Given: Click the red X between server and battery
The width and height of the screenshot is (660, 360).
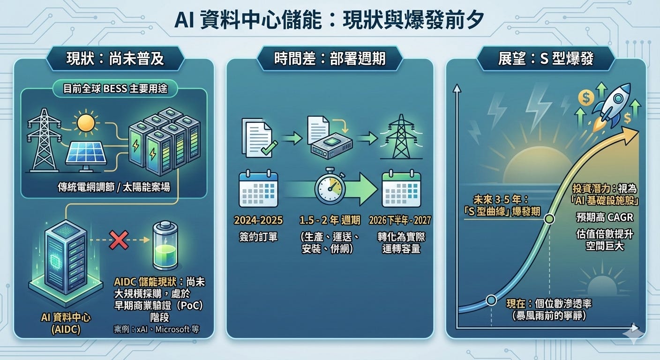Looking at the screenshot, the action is coord(119,240).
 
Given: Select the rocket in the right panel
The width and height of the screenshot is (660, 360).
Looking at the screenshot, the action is coord(612,105).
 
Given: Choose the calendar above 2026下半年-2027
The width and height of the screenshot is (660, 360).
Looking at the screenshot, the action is coord(401,189).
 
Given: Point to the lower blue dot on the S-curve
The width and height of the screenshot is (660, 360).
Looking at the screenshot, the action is coord(491,300).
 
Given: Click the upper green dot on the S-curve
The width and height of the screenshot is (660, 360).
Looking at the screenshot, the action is coord(550,218).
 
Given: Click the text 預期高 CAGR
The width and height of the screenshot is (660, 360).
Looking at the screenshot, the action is coord(605,217).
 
